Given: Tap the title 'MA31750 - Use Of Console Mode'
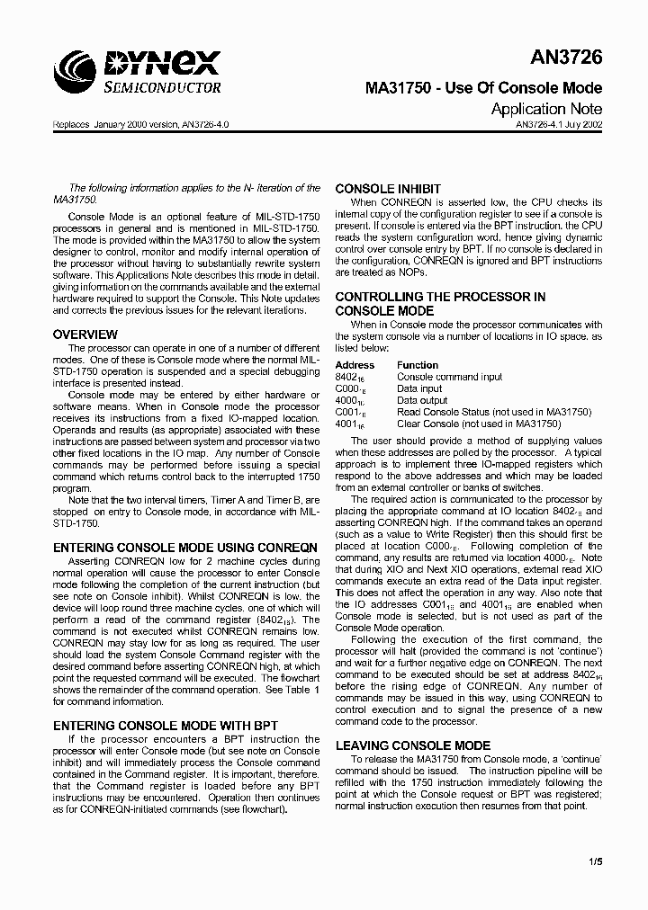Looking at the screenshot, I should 483,88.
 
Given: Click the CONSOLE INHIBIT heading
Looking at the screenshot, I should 388,189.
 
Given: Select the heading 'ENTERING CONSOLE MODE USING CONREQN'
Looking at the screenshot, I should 185,547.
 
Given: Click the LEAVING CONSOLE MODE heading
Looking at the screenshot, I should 413,745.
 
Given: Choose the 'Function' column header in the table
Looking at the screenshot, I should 418,365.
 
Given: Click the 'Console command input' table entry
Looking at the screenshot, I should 450,377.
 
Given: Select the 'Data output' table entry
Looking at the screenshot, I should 422,400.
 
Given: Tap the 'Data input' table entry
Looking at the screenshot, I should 419,388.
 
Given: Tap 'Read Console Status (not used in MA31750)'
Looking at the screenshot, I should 493,412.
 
